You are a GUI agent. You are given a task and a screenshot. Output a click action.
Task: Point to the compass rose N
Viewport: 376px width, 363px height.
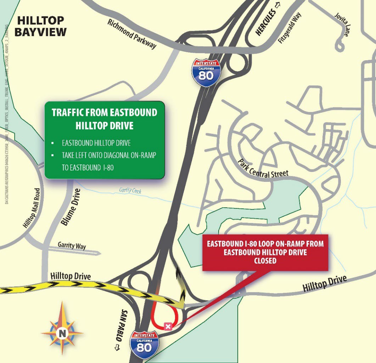[x=62, y=333]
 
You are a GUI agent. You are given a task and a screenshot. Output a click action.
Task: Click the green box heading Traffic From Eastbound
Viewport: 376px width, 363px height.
[x=104, y=113]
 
